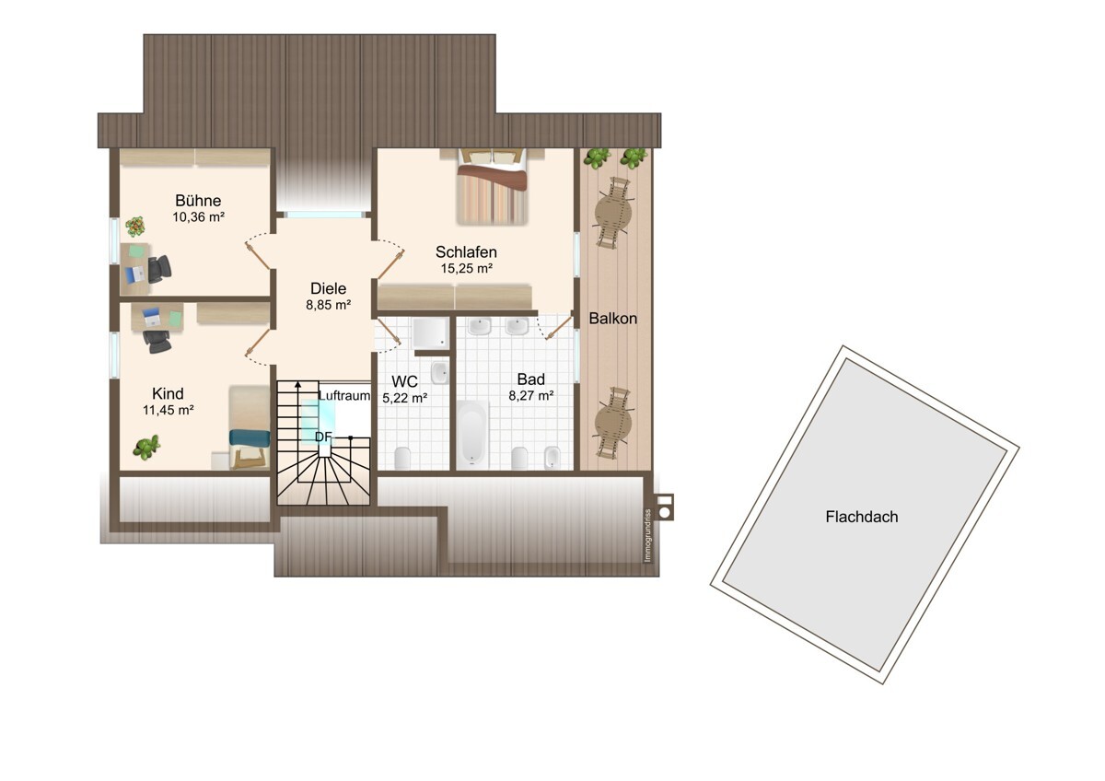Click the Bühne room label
coord(198,200)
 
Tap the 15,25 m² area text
coord(467,268)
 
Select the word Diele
coord(328,288)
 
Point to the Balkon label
coord(612,319)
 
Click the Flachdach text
coord(862,517)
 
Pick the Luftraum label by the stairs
coord(344,396)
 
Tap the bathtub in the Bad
coord(472,435)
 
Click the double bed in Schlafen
coord(493,186)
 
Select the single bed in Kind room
coord(250,427)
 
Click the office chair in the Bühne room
coord(159,269)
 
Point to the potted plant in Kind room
coord(146,447)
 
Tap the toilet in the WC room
coord(402,459)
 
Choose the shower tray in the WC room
coord(431,332)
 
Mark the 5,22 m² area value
coord(404,398)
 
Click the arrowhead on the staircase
coord(298,385)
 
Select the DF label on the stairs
coord(323,437)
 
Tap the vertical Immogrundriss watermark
coord(648,535)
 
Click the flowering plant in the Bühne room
coord(134,227)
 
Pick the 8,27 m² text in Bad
coord(531,396)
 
